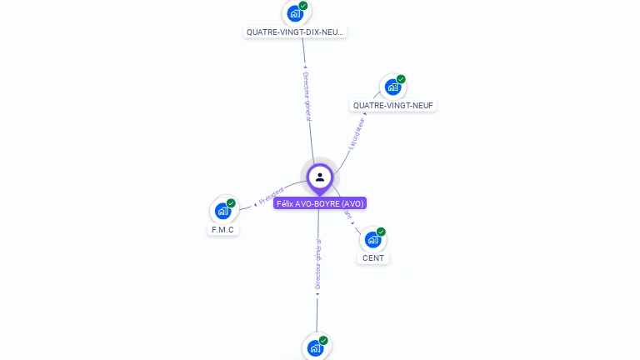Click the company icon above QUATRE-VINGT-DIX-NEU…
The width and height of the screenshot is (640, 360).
point(294,13)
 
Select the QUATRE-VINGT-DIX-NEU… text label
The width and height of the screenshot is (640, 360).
point(295,32)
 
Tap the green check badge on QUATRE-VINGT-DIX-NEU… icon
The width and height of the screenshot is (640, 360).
point(303,6)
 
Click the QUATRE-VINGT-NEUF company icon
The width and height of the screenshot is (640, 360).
point(392,87)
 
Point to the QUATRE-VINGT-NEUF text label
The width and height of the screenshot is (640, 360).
point(393,106)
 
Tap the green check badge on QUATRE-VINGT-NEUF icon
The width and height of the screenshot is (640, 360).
point(401,79)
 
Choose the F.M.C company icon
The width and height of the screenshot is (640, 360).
point(222,210)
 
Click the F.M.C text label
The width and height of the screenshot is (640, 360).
point(222,229)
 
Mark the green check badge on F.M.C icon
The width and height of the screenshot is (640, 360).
point(231,203)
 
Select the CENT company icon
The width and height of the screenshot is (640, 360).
point(372,239)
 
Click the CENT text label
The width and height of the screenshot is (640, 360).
point(373,258)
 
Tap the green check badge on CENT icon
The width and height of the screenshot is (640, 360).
point(381,232)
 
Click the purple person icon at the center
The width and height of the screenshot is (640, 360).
point(319,177)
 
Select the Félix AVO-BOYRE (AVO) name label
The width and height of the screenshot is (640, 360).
point(320,203)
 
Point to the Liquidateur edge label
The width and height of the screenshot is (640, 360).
point(357,133)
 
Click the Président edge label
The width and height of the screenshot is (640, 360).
point(271,197)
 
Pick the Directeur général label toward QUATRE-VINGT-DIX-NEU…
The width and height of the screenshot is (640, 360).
point(306,96)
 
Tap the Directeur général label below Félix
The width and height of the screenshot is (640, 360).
point(317,265)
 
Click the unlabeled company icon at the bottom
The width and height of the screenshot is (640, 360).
point(315,347)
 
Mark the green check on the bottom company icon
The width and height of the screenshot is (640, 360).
point(323,340)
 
